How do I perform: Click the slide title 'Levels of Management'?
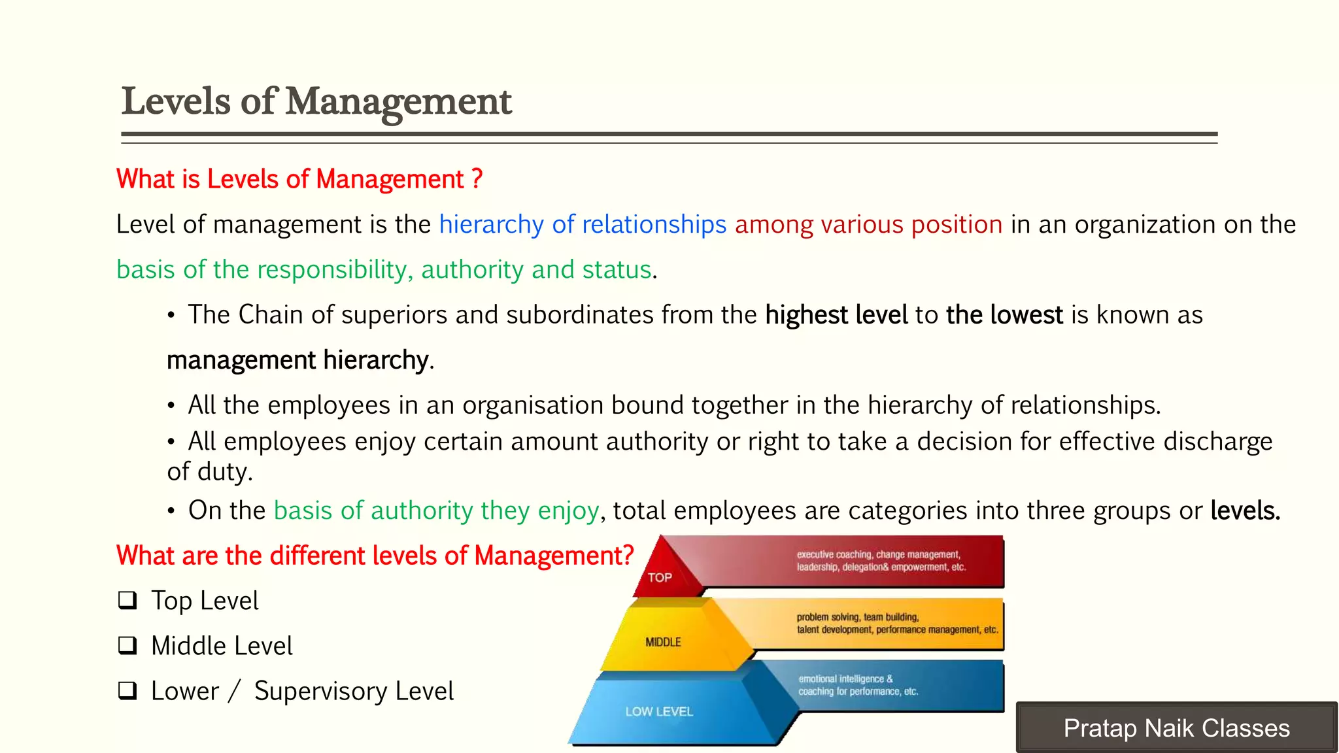[x=316, y=102]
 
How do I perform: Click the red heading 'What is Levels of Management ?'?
[x=299, y=179]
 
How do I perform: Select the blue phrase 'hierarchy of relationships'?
[x=583, y=224]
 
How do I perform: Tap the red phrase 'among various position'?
[x=868, y=224]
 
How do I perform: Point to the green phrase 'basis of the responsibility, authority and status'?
[x=384, y=269]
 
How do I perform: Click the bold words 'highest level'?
[x=836, y=315]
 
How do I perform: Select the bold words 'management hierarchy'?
[x=298, y=360]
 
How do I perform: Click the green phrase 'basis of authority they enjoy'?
[x=436, y=510]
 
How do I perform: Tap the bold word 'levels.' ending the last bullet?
[x=1245, y=510]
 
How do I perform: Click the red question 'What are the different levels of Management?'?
[x=375, y=556]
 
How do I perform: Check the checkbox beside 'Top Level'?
[x=127, y=600]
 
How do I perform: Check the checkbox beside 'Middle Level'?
[x=127, y=646]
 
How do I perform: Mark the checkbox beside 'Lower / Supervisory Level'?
[x=127, y=691]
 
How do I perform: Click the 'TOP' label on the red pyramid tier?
[x=660, y=578]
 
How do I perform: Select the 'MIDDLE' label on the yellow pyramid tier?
[x=663, y=643]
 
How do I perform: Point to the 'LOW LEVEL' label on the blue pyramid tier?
[x=659, y=711]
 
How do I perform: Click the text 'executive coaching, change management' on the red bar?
[x=878, y=554]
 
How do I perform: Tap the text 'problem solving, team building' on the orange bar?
[x=857, y=617]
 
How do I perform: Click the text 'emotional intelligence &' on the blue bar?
[x=845, y=679]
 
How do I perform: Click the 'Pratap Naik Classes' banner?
[x=1176, y=728]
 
